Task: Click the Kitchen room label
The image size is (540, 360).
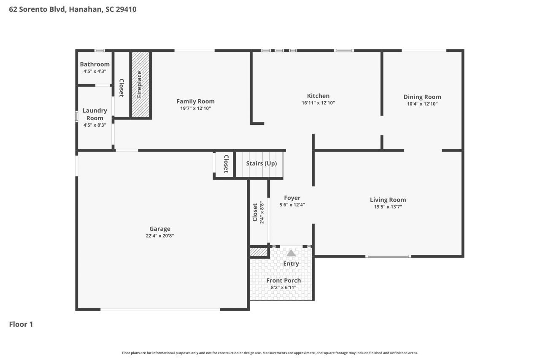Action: (x=318, y=96)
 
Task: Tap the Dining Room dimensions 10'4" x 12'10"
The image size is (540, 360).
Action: (x=422, y=104)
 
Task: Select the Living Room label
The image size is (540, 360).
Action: (x=388, y=200)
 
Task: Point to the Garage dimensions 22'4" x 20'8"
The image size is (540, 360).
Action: (x=160, y=235)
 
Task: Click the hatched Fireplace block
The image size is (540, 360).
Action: (x=140, y=84)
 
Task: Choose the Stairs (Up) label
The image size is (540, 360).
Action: (x=261, y=163)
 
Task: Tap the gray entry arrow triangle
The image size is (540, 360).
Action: (x=291, y=253)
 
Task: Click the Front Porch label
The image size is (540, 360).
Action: (x=283, y=280)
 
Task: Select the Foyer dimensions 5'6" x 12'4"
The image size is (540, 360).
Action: (x=292, y=205)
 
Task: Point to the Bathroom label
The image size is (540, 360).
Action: (x=95, y=65)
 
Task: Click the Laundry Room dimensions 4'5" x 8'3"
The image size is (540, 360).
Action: (x=95, y=125)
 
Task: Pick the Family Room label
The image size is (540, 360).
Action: (x=195, y=101)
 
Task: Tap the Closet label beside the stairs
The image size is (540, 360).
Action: (x=226, y=164)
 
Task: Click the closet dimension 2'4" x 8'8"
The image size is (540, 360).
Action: (x=262, y=212)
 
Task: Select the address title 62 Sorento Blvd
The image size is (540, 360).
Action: (x=38, y=9)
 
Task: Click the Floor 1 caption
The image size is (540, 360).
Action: (x=21, y=324)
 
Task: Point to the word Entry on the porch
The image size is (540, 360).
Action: (x=291, y=263)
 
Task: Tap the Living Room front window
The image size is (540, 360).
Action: (x=388, y=256)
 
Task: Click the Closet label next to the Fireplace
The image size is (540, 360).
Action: (x=122, y=88)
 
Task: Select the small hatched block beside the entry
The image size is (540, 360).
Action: (x=259, y=252)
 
